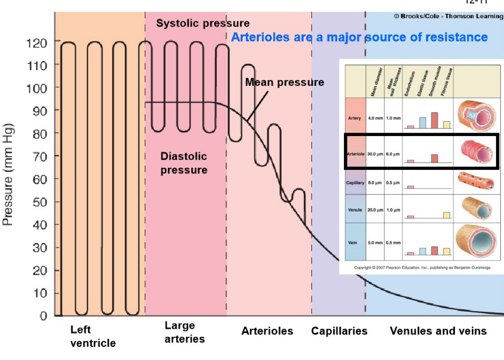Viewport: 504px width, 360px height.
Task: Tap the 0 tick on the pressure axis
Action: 44,316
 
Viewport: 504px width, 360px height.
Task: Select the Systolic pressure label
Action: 203,23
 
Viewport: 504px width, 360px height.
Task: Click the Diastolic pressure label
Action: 184,163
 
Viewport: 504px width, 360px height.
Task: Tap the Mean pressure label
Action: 284,82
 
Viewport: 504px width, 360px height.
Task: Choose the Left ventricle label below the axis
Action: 93,336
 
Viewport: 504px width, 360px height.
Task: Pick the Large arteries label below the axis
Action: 185,332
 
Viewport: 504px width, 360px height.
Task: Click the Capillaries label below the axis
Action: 339,331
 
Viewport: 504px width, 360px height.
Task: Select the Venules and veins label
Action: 438,331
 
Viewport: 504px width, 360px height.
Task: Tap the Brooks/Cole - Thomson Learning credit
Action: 448,16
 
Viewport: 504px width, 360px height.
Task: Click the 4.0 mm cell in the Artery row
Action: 375,118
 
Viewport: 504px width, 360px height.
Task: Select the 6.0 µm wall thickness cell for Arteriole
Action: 393,154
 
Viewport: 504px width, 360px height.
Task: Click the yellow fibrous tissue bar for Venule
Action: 447,215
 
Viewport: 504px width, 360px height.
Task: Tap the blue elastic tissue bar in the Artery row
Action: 422,123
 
